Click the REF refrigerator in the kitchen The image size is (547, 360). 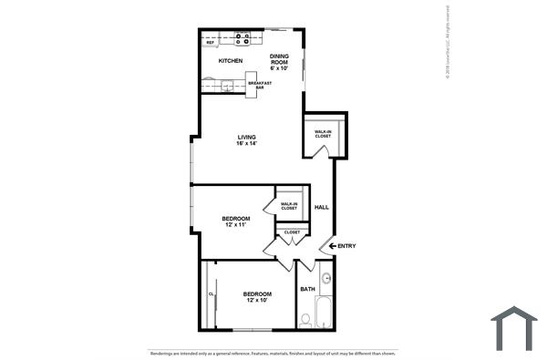pyautogui.click(x=211, y=41)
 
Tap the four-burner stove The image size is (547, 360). pyautogui.click(x=243, y=39)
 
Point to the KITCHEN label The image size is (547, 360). pyautogui.click(x=230, y=61)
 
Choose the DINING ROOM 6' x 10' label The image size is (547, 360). pyautogui.click(x=279, y=61)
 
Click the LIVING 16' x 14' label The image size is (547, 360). pyautogui.click(x=247, y=140)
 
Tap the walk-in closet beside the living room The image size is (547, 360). pyautogui.click(x=323, y=133)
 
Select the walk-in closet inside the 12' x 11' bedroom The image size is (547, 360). pyautogui.click(x=289, y=206)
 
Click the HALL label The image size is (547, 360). pyautogui.click(x=322, y=208)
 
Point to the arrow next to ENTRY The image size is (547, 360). pyautogui.click(x=333, y=246)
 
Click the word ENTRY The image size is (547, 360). pyautogui.click(x=347, y=246)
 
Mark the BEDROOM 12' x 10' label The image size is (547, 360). pyautogui.click(x=256, y=296)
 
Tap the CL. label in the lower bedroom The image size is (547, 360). pyautogui.click(x=211, y=294)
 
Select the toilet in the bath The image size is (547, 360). pyautogui.click(x=306, y=320)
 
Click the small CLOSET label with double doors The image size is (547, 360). pyautogui.click(x=292, y=232)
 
